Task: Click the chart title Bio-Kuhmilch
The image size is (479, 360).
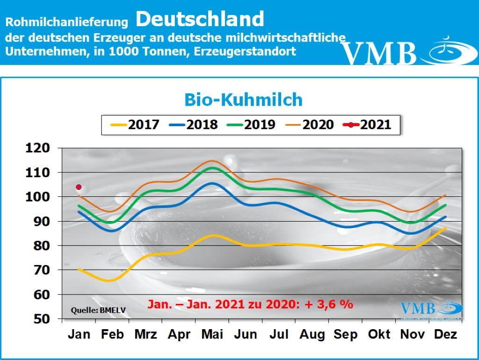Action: coord(243,100)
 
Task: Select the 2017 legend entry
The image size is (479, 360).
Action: coord(135,124)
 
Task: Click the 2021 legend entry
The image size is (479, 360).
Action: coord(367,124)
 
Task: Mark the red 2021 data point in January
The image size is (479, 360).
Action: coord(79,187)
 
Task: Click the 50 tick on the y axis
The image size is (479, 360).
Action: coord(41,319)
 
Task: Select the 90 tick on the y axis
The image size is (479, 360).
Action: coord(41,221)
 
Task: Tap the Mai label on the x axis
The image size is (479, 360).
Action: coord(212,334)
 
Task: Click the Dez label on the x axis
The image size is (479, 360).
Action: coord(446,334)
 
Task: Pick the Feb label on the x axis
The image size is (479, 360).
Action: coord(112,334)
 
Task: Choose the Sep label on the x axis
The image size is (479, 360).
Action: coord(346,334)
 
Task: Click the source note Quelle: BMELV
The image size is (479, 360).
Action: coord(98,310)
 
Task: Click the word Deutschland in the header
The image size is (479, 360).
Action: coord(200,19)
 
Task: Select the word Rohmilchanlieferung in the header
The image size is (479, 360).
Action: coord(67,22)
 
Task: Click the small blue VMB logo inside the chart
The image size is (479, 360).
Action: coord(418,308)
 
